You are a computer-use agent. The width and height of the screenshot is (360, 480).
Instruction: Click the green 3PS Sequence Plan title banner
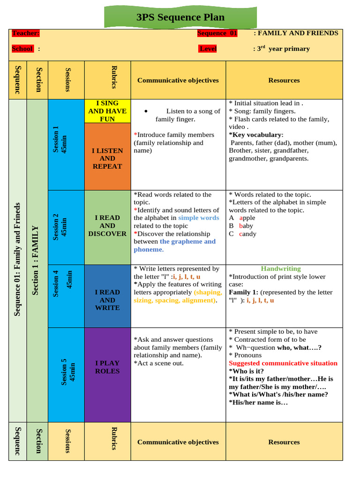coord(180,18)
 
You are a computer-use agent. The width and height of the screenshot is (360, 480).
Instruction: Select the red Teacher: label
coord(26,33)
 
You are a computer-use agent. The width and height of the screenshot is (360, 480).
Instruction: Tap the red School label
coord(22,49)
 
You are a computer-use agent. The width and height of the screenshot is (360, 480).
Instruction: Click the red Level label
coord(208,49)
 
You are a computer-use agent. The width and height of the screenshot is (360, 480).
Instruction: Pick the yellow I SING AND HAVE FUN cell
coord(107,111)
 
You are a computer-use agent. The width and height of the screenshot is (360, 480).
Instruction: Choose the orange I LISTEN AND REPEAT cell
coord(107,158)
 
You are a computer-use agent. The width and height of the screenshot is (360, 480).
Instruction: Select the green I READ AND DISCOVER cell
coord(107,225)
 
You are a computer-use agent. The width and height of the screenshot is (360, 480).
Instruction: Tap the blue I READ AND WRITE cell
coord(107,300)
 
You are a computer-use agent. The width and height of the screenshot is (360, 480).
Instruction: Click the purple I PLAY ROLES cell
coord(107,367)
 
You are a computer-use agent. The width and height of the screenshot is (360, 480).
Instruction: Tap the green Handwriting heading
coord(281,269)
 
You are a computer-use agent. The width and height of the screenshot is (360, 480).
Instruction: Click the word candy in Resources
coord(247,233)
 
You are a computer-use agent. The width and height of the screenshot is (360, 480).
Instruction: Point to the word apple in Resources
coord(247,218)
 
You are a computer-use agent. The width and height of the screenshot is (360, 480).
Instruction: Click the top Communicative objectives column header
coord(178,80)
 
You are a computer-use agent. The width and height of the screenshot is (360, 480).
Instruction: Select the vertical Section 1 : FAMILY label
coord(36,260)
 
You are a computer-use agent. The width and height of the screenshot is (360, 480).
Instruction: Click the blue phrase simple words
coord(198,218)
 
